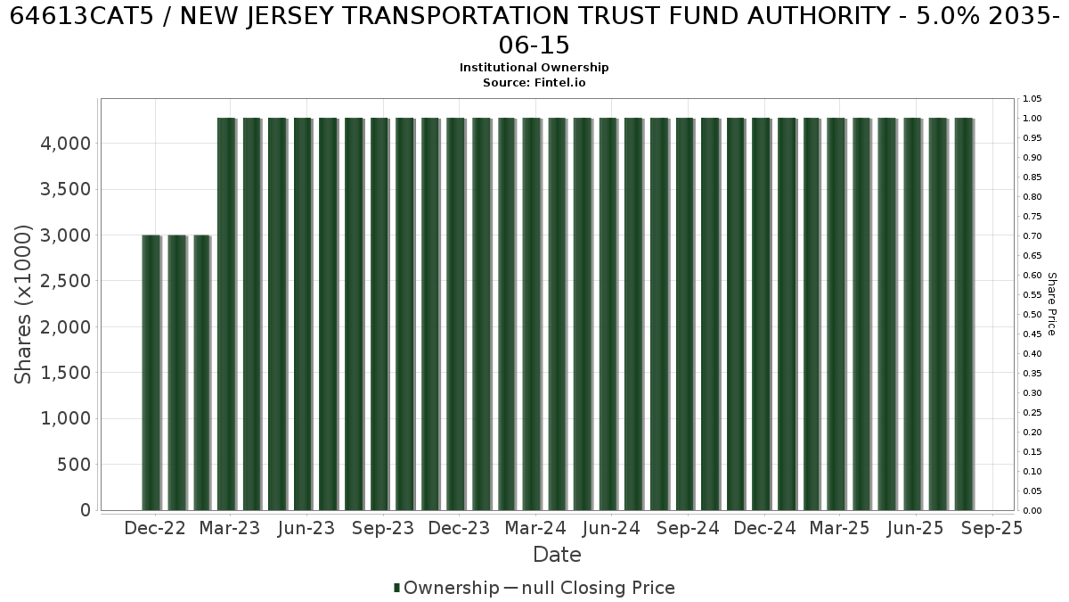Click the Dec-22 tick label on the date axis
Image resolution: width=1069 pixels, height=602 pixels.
coord(155,528)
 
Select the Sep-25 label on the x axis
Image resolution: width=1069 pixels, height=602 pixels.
coord(992,528)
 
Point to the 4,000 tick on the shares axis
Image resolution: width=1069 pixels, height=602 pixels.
coord(65,144)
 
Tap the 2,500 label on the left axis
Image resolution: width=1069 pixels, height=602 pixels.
coord(65,281)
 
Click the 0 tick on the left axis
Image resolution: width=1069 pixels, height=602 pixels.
coord(86,510)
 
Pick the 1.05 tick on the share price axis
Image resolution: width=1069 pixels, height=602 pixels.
coord(1032,99)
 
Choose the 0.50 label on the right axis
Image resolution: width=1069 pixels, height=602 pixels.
coord(1032,314)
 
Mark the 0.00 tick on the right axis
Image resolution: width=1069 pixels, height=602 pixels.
coord(1032,511)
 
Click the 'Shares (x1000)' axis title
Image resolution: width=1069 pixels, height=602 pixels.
coord(22,304)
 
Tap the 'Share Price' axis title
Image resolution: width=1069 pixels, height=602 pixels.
coord(1052,304)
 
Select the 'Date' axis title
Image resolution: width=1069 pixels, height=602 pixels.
coord(557,555)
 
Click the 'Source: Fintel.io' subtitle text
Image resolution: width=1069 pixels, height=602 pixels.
coord(534,83)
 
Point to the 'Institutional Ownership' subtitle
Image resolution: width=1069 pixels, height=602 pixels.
coord(534,68)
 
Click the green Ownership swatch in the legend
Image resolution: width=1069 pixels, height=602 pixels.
coord(396,588)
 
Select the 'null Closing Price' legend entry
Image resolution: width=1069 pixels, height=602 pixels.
coord(599,588)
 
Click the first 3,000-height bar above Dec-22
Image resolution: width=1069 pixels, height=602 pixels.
coord(151,373)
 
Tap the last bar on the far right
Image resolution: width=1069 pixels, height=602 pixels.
coord(965,314)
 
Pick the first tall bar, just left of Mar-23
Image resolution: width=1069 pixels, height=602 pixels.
coord(226,314)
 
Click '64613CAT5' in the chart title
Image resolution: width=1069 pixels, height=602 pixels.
coord(82,16)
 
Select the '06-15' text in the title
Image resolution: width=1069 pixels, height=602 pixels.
coord(534,45)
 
